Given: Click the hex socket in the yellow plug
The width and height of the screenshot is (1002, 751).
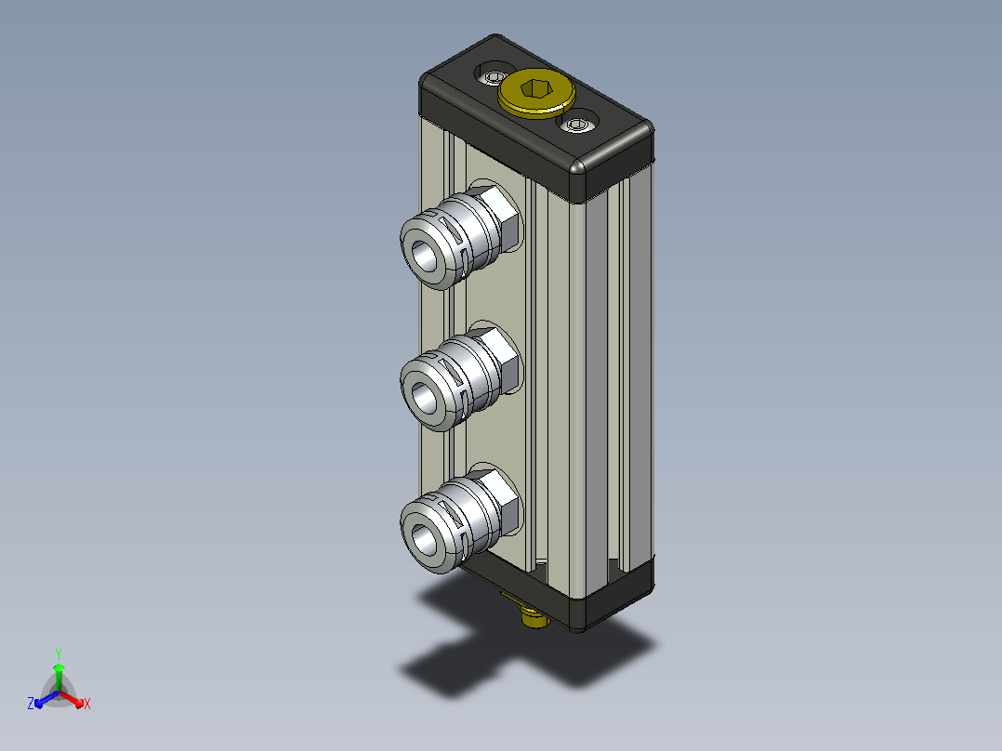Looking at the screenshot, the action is point(535,89).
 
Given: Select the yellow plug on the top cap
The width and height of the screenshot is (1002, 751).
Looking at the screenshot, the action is point(536,93).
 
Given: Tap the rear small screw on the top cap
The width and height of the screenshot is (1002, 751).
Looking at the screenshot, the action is point(494,77).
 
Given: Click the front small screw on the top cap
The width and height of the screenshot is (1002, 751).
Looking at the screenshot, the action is point(578,124).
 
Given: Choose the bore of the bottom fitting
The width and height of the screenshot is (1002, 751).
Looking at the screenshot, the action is point(424,539).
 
